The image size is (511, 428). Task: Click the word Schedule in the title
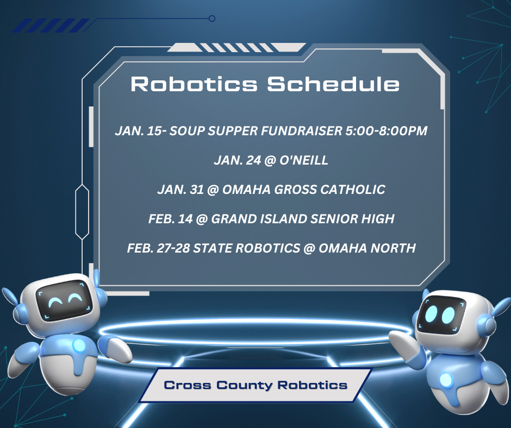pyautogui.click(x=333, y=84)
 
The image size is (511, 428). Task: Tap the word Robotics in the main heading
pyautogui.click(x=194, y=84)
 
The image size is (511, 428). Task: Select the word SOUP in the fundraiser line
pyautogui.click(x=187, y=131)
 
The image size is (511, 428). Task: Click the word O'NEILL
pyautogui.click(x=304, y=160)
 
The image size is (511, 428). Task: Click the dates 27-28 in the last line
pyautogui.click(x=173, y=248)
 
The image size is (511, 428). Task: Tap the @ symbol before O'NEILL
pyautogui.click(x=270, y=161)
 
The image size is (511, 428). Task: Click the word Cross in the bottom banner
pyautogui.click(x=188, y=385)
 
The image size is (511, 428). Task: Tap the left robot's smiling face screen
pyautogui.click(x=64, y=300)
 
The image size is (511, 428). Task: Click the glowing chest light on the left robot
pyautogui.click(x=79, y=345)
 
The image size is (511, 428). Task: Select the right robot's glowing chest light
pyautogui.click(x=446, y=380)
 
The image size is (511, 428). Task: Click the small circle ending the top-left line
pyautogui.click(x=212, y=18)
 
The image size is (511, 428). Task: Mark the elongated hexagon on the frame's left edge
pyautogui.click(x=82, y=212)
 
